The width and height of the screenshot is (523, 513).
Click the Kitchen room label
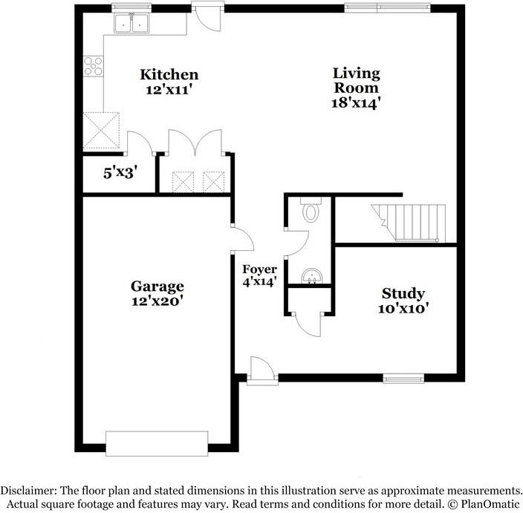(169, 74)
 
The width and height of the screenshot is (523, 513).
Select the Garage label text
(157, 286)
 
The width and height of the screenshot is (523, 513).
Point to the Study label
(403, 293)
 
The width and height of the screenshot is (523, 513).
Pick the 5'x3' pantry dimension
(119, 174)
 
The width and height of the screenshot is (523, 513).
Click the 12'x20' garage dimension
(157, 301)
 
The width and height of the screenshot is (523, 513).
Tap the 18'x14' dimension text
(356, 103)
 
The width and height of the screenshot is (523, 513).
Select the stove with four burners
(94, 67)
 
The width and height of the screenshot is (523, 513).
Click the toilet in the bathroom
(311, 212)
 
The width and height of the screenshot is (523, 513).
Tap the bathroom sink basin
(311, 276)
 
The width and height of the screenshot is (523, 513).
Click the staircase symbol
(412, 220)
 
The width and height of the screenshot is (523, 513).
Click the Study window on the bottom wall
(403, 378)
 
